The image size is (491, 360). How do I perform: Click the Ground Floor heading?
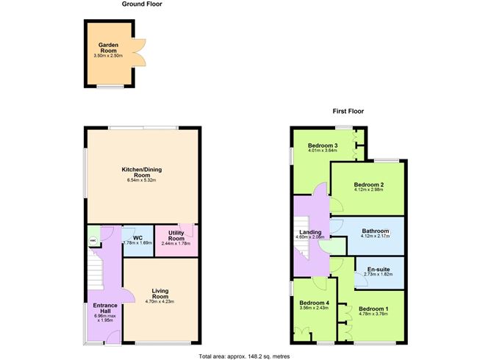pos(142,4)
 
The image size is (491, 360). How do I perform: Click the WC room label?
pos(137,237)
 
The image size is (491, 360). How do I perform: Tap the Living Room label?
pos(160,294)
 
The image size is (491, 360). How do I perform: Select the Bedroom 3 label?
pos(323,145)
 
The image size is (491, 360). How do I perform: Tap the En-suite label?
pos(378,269)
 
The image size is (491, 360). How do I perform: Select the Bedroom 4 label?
pos(313,302)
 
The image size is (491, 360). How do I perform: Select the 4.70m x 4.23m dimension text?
pos(160,302)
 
